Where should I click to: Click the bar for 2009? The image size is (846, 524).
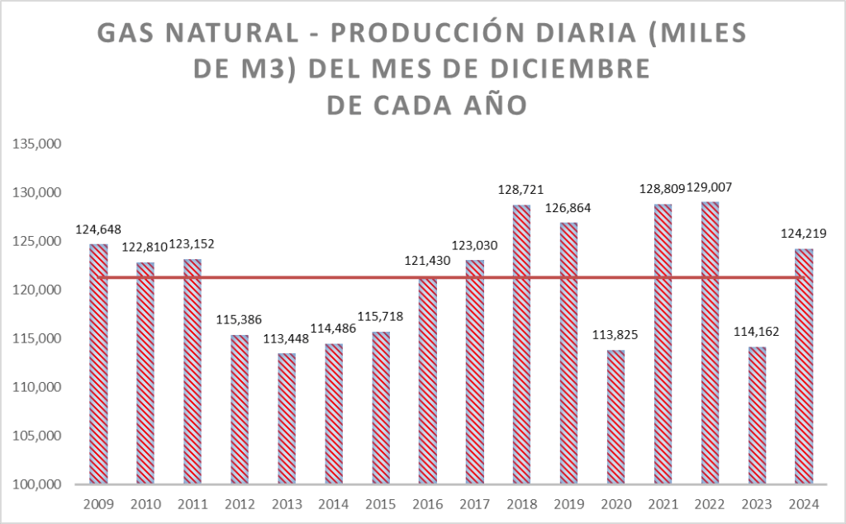[98, 364]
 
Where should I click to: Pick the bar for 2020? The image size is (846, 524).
[615, 417]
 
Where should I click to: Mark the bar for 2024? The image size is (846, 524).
[804, 366]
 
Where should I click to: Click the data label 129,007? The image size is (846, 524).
[710, 188]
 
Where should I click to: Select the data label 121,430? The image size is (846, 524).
[428, 262]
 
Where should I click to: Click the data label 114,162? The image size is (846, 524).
[757, 333]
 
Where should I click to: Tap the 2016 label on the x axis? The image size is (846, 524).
[428, 504]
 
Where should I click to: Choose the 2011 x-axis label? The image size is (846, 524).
[192, 504]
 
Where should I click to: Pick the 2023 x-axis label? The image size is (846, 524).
[757, 504]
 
